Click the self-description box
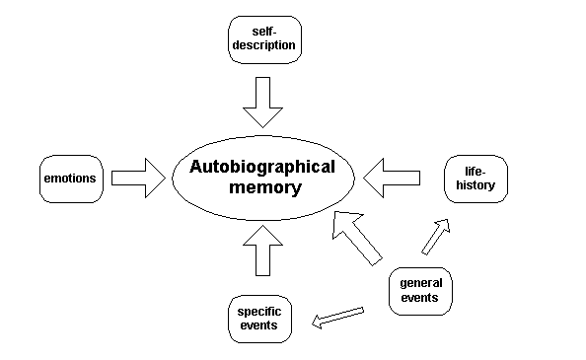point(261,39)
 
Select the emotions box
point(69,179)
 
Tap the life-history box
point(476,179)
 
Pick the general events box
point(420,289)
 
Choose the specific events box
point(259,318)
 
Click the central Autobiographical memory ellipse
point(262,178)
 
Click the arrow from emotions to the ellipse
point(138,179)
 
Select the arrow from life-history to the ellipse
point(392,179)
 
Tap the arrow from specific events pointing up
point(262,251)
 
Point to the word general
point(420,281)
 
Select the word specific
point(259,311)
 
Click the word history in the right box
point(476,185)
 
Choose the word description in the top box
point(261,46)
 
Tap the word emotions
point(69,179)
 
